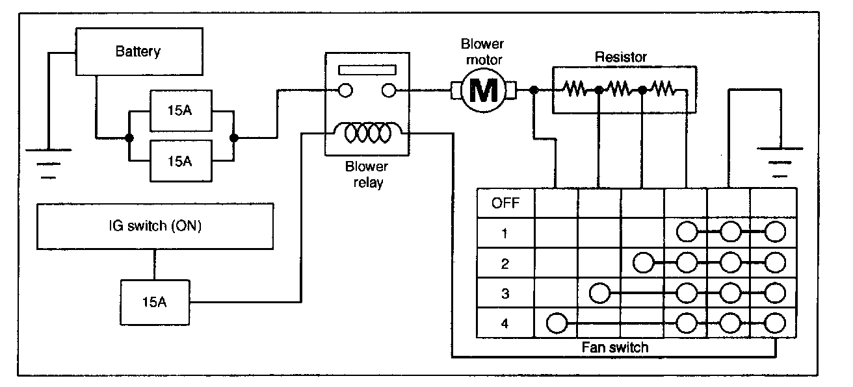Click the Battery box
(138, 51)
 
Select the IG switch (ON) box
(155, 227)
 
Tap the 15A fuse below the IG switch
(154, 302)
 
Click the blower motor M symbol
(482, 90)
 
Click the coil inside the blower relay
(367, 134)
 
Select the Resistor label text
(621, 58)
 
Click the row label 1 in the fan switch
(505, 233)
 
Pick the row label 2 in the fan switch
(505, 264)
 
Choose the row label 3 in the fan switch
(505, 293)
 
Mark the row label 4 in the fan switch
(505, 323)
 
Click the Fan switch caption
(614, 347)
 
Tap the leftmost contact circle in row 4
(556, 322)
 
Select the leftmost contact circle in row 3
(599, 293)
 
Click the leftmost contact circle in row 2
(642, 263)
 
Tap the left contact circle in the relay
(346, 90)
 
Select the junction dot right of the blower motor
(533, 90)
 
